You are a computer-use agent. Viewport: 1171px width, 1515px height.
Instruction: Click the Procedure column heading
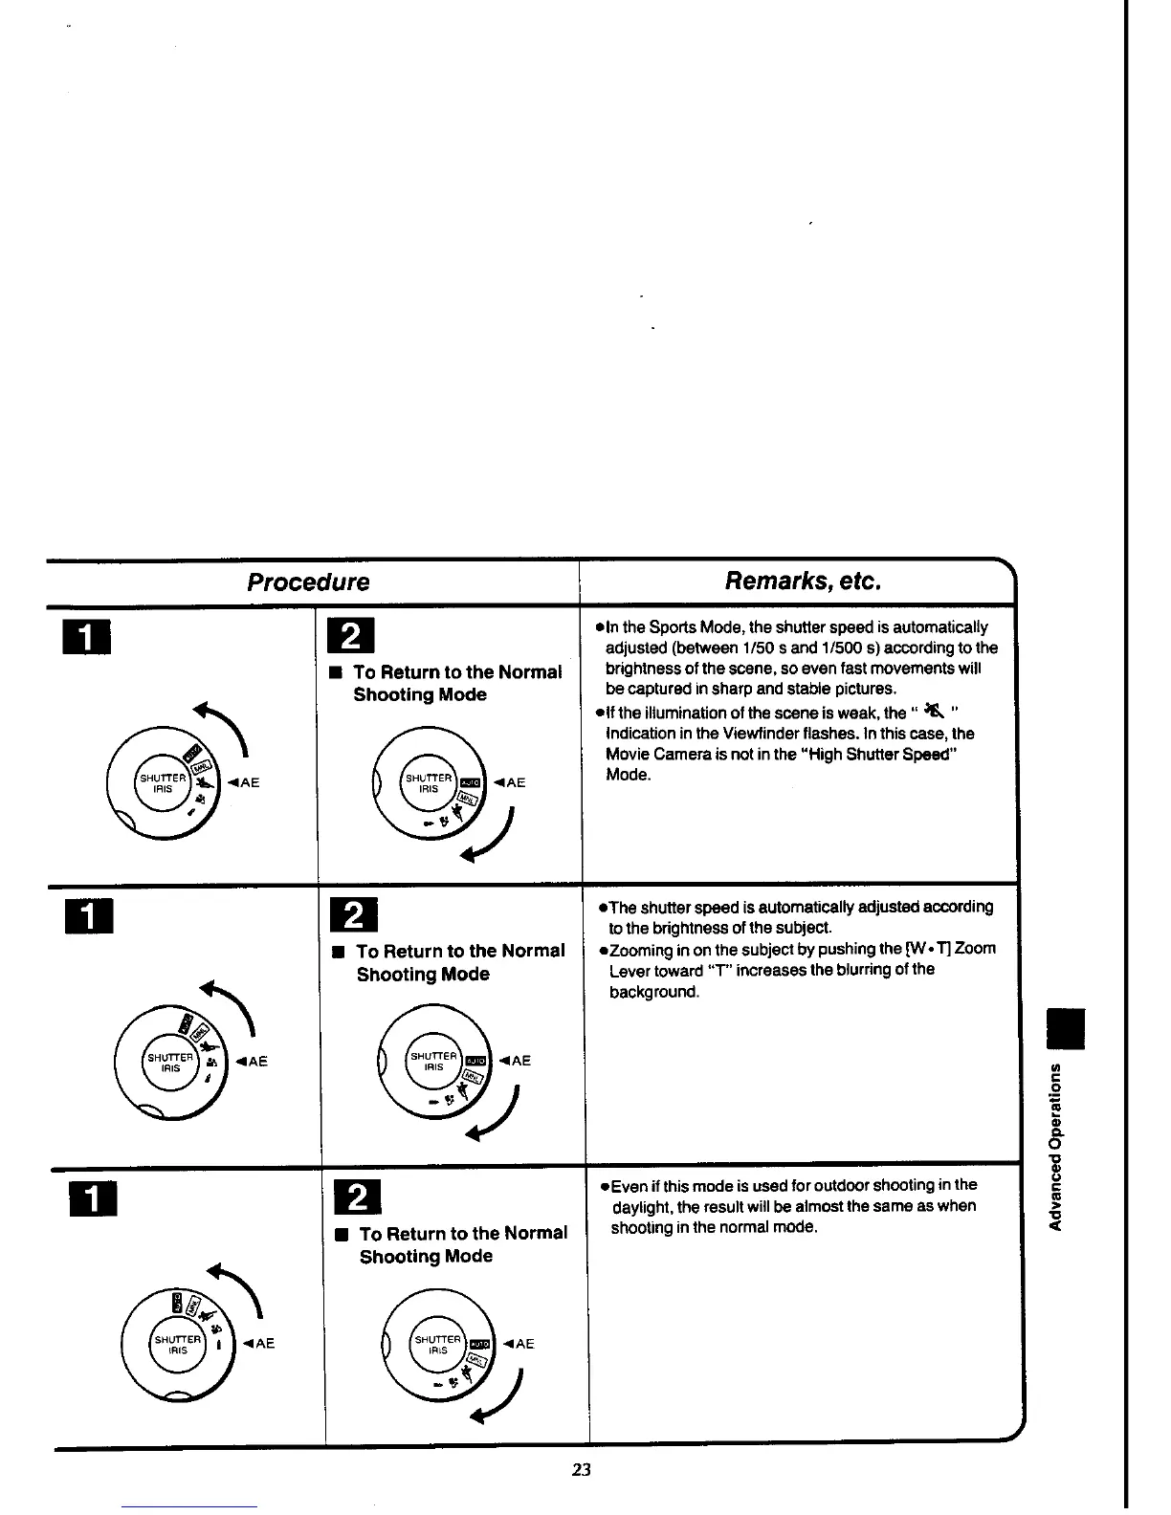coord(308,582)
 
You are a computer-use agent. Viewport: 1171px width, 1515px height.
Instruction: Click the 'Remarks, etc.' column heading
coord(802,581)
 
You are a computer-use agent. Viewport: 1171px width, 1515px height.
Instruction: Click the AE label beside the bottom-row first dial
coord(260,1343)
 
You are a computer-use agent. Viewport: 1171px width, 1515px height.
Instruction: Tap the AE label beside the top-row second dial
coord(512,782)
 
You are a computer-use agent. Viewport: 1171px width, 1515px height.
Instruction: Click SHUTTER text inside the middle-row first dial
coord(169,1056)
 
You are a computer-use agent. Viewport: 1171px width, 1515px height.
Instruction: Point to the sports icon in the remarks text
coord(933,712)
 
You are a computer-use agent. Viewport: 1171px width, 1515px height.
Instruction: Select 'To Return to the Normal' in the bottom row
coord(463,1233)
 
